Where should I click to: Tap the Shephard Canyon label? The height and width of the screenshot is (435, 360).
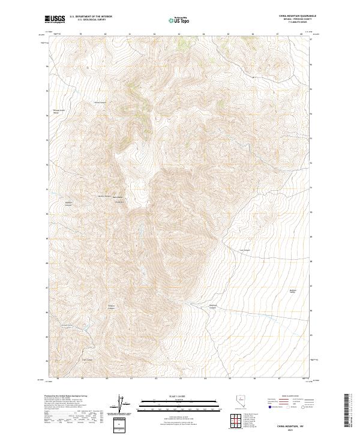click(212, 307)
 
